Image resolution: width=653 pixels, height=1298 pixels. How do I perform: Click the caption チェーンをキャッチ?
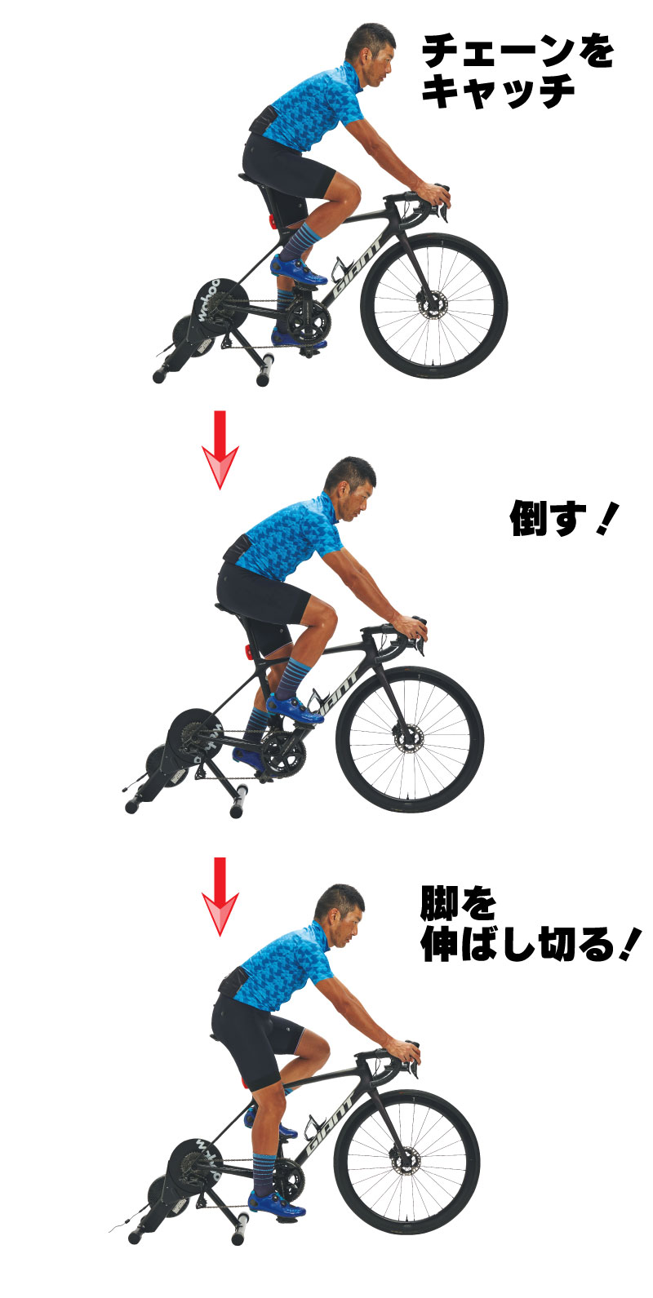517,71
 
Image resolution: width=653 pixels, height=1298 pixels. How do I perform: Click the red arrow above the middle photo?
220,449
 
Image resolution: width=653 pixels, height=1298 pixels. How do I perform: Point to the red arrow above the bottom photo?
220,896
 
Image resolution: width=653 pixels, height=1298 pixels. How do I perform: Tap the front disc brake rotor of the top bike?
432,305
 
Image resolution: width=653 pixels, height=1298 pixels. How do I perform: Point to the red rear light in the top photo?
271,221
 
